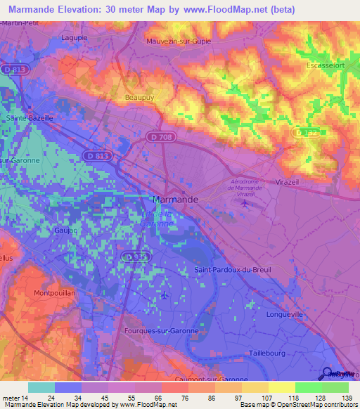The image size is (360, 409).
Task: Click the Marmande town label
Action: coord(176,200)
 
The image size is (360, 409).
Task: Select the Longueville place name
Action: coord(289,316)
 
